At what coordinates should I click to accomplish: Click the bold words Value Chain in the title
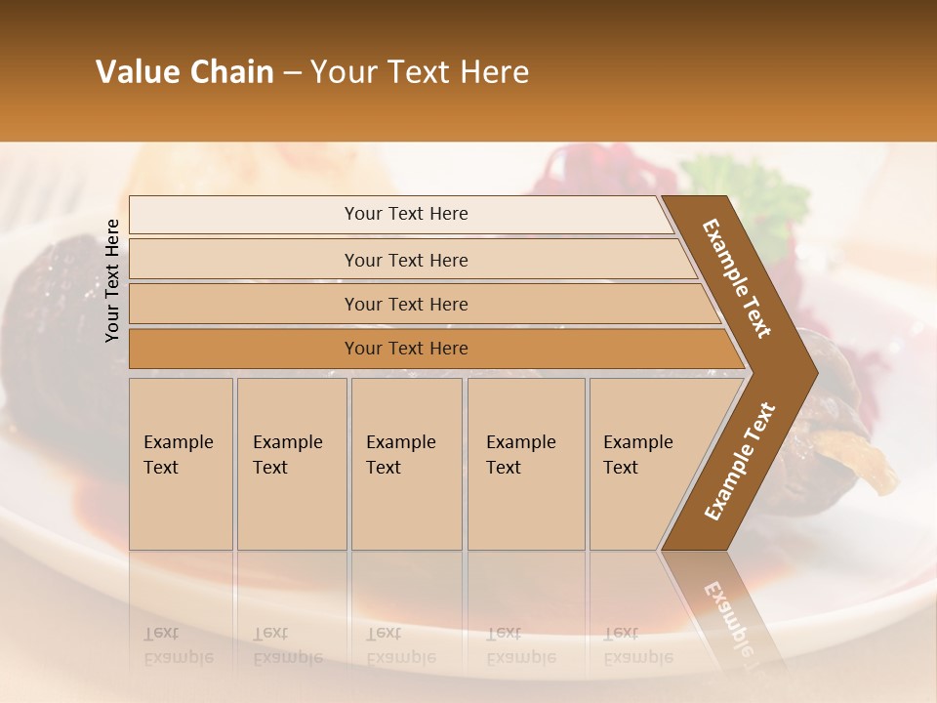click(184, 72)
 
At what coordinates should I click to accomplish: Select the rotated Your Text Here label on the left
click(112, 280)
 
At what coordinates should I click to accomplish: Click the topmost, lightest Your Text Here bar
click(405, 214)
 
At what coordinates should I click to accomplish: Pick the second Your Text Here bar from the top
click(405, 260)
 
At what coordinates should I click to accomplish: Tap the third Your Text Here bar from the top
click(405, 304)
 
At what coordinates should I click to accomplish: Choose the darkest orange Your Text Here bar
click(405, 349)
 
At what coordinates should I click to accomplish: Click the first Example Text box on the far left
click(181, 463)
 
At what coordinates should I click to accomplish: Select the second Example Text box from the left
click(291, 463)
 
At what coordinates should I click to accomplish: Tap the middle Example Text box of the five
click(405, 463)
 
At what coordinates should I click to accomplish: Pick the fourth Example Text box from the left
click(525, 463)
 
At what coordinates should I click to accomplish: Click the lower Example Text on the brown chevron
click(740, 461)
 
